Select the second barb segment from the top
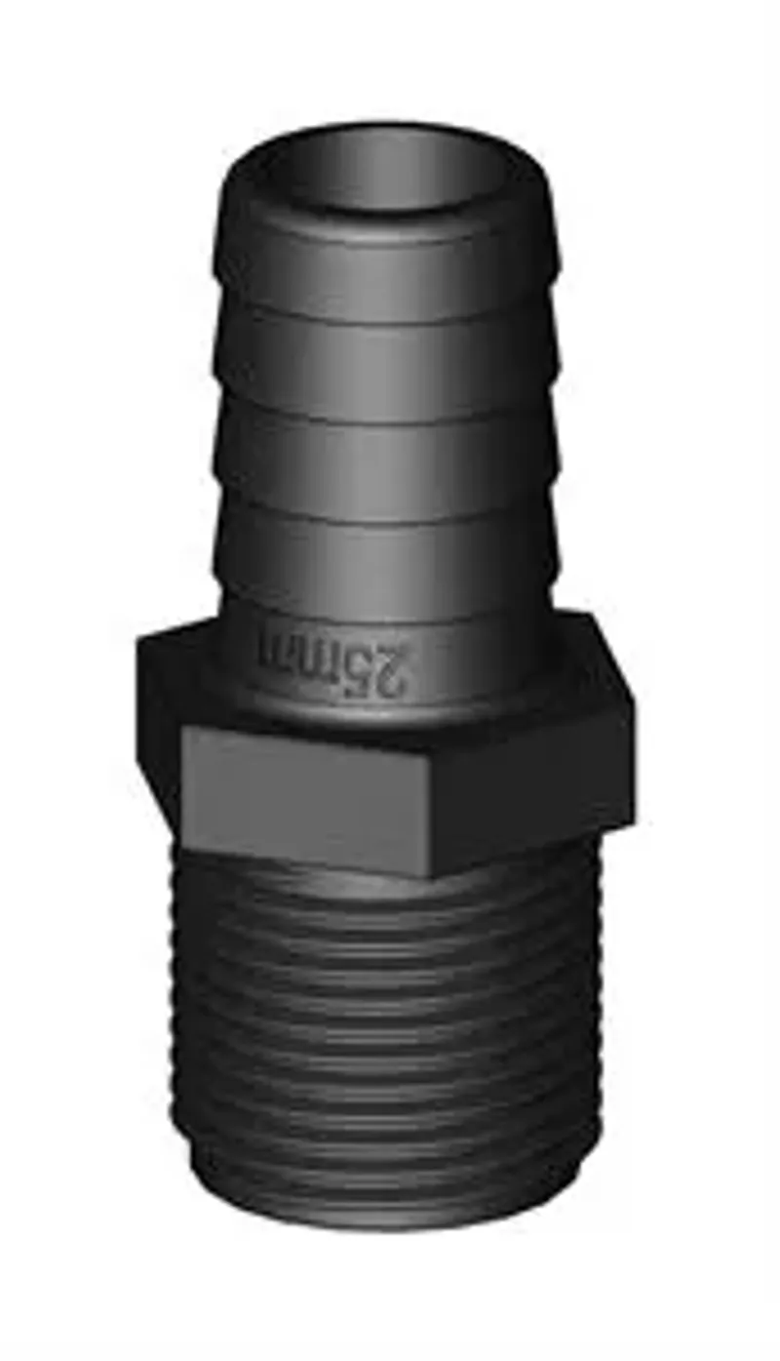click(x=385, y=356)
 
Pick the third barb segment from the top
click(x=385, y=454)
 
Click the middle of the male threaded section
click(x=390, y=1034)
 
